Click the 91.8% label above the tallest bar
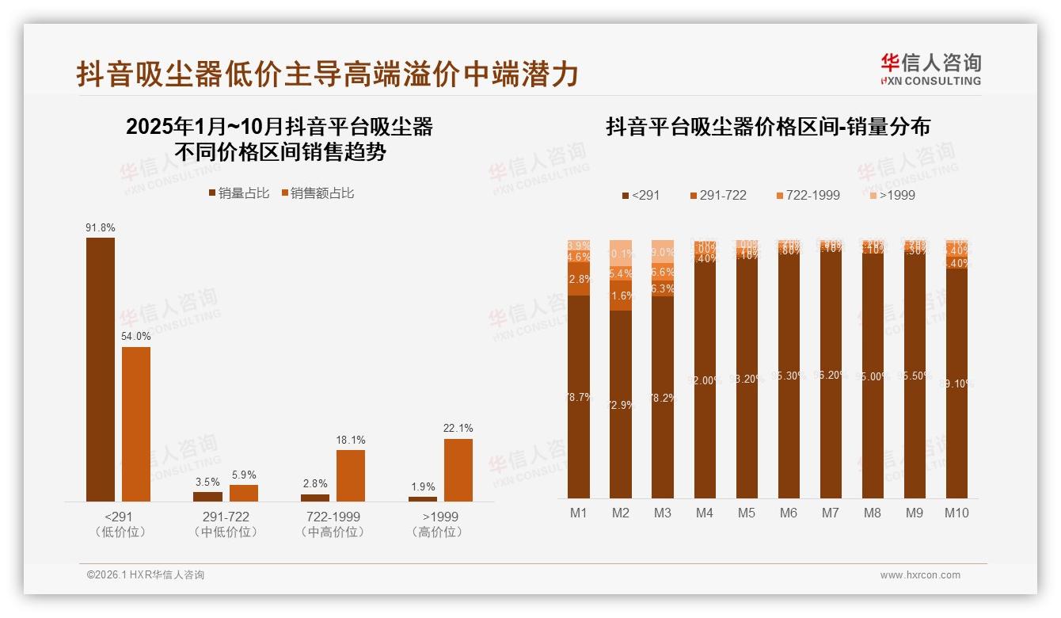point(101,228)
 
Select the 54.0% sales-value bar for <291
point(136,424)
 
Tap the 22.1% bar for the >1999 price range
point(458,470)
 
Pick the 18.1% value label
point(351,441)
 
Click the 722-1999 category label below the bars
point(333,517)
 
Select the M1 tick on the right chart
point(579,513)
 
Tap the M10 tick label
point(956,513)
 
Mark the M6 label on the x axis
point(788,513)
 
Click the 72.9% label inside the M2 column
point(621,405)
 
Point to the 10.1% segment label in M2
point(621,254)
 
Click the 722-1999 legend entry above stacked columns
point(807,195)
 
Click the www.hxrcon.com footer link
point(920,575)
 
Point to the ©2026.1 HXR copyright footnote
point(146,575)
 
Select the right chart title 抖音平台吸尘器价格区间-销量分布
point(768,127)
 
